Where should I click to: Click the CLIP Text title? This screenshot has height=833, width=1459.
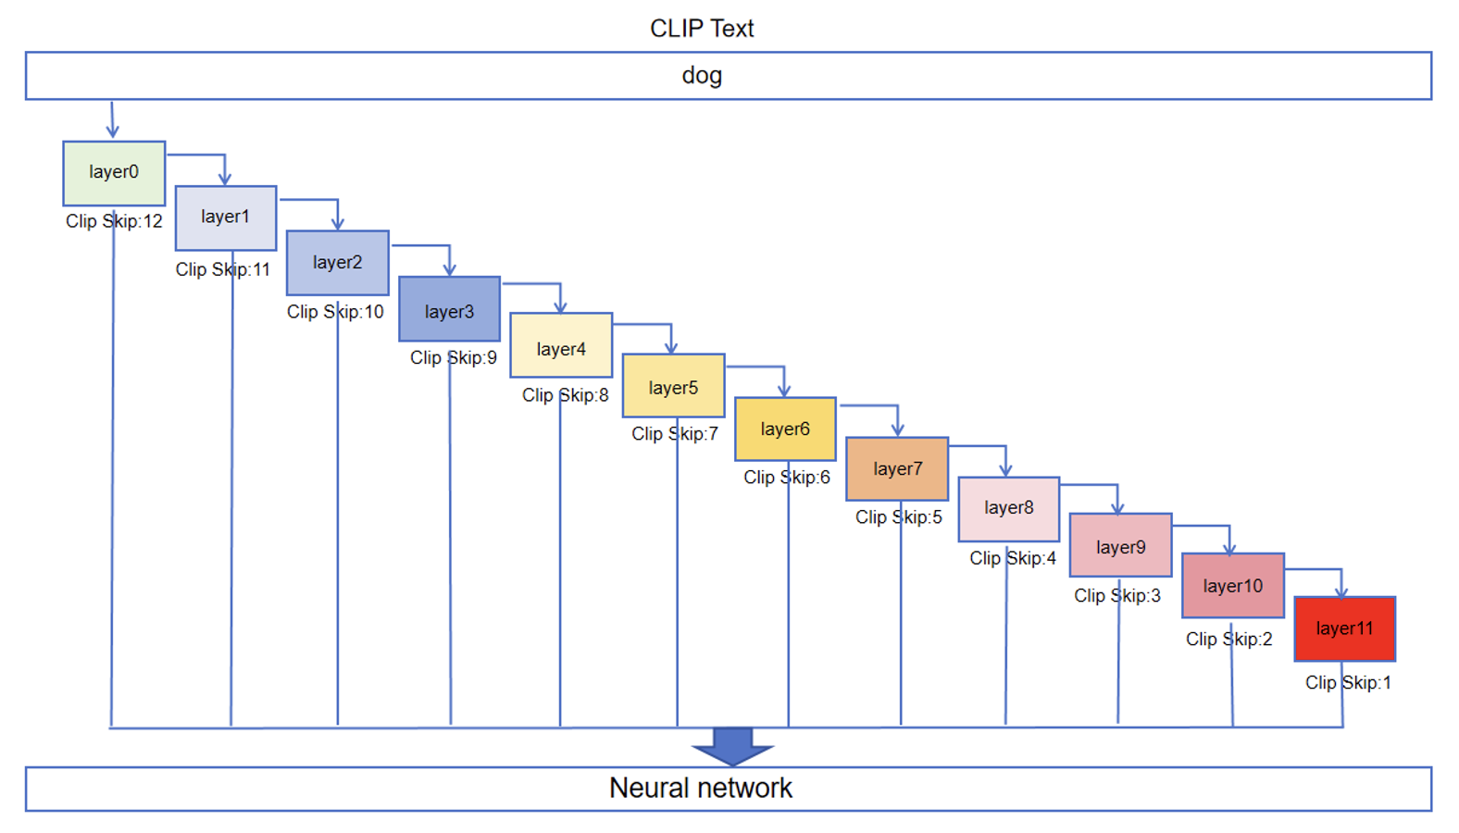pyautogui.click(x=702, y=29)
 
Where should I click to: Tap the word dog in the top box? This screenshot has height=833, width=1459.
pyautogui.click(x=702, y=75)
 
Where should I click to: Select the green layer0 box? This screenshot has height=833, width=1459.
pyautogui.click(x=114, y=173)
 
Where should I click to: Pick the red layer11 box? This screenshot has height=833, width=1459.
pyautogui.click(x=1344, y=628)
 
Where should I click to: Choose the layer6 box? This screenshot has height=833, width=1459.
pyautogui.click(x=785, y=429)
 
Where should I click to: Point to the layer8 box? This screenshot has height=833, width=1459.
pyautogui.click(x=1008, y=508)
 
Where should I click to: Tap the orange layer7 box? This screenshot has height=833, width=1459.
pyautogui.click(x=897, y=468)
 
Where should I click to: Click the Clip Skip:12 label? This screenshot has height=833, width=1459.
pyautogui.click(x=114, y=221)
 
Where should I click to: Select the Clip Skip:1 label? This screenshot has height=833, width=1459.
pyautogui.click(x=1348, y=682)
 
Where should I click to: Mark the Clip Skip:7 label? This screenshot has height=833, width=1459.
pyautogui.click(x=674, y=433)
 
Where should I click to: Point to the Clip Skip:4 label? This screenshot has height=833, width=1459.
pyautogui.click(x=1013, y=558)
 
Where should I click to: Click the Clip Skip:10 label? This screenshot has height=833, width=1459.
pyautogui.click(x=335, y=312)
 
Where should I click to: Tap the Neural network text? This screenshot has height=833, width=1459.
pyautogui.click(x=701, y=788)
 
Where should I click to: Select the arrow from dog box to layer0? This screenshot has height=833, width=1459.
pyautogui.click(x=112, y=120)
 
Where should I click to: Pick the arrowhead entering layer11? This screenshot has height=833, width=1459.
pyautogui.click(x=1341, y=591)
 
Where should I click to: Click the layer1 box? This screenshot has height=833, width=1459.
pyautogui.click(x=226, y=218)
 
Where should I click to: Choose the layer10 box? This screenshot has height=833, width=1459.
pyautogui.click(x=1232, y=586)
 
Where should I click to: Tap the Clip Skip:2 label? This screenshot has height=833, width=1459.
pyautogui.click(x=1228, y=639)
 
